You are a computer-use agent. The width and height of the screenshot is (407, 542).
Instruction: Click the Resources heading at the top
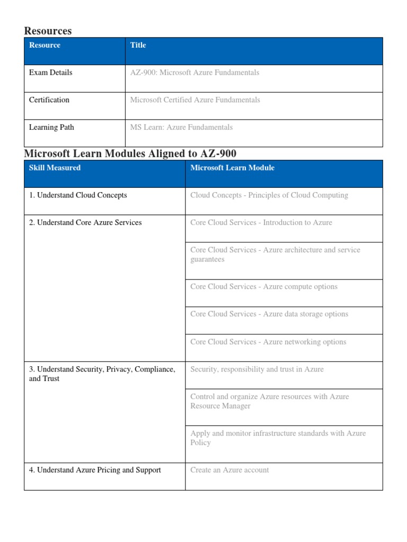pos(48,31)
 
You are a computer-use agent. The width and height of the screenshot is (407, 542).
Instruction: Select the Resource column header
pos(45,46)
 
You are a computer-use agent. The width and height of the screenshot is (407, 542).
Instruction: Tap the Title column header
pos(138,46)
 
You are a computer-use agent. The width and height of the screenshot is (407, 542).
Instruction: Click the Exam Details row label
pos(50,73)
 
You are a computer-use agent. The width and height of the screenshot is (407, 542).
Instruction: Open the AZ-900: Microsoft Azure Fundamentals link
pos(194,73)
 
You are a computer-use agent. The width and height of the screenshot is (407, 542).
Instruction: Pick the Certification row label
pos(49,100)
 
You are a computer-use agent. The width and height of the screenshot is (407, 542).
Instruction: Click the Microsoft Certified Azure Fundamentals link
pos(195,100)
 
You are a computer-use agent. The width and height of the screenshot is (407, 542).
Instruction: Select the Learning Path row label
pos(51,128)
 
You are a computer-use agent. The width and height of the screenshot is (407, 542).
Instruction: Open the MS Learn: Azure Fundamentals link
pos(181,128)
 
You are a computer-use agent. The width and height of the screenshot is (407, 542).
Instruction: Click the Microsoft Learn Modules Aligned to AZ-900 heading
pos(130,153)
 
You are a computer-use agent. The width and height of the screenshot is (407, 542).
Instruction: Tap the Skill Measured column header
pos(55,168)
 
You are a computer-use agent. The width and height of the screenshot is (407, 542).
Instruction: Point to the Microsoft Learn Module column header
pos(232,168)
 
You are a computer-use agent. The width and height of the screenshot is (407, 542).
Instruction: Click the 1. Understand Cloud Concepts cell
pos(78,195)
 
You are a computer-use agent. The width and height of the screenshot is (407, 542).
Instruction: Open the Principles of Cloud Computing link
pos(269,195)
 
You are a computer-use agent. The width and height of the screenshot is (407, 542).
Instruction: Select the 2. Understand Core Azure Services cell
pos(85,223)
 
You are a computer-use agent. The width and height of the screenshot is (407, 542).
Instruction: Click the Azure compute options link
pos(264,287)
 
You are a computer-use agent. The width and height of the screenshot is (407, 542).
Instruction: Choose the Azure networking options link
pos(268,342)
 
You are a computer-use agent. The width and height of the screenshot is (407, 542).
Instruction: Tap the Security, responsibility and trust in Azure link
pos(256,369)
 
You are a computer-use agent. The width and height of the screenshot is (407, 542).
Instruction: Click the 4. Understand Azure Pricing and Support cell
pos(95,470)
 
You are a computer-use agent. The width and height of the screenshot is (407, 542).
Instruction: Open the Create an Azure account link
pos(229,470)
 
